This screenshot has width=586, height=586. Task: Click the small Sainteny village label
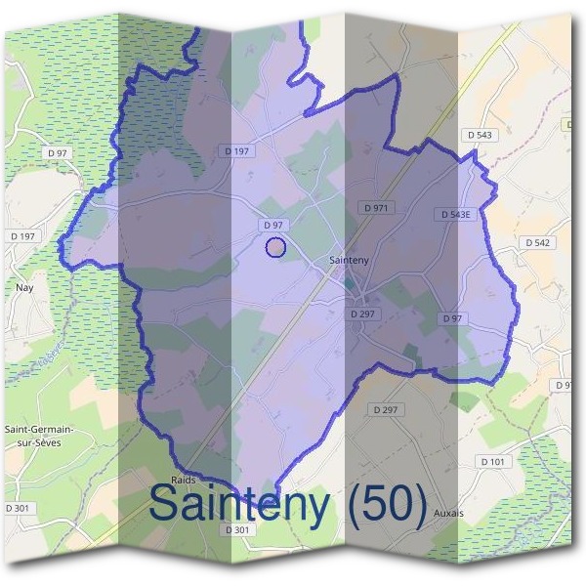[x=350, y=260]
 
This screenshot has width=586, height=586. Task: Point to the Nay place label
[x=24, y=288]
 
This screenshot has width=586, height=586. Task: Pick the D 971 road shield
[x=375, y=208]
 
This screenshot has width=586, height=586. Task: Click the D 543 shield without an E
[x=480, y=134]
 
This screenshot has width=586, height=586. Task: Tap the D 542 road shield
[x=538, y=241]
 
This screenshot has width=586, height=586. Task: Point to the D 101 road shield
[x=494, y=460]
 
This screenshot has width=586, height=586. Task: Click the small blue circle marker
[x=275, y=247]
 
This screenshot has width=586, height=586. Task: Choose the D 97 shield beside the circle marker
[x=273, y=225]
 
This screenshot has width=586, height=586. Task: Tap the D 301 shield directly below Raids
[x=237, y=529]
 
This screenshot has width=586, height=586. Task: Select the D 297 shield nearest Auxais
[x=387, y=409]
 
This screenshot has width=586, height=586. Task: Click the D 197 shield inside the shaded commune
[x=237, y=150]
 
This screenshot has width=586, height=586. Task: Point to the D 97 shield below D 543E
[x=451, y=318]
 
